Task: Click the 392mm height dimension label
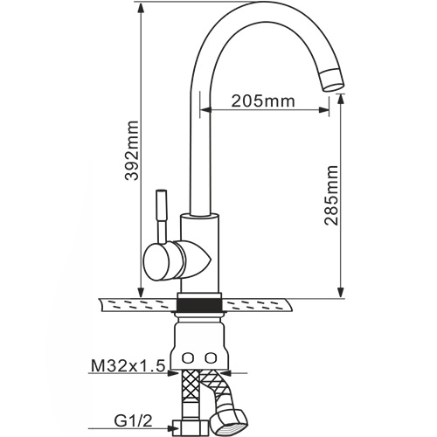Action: [x=131, y=150]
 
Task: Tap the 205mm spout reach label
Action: [x=263, y=101]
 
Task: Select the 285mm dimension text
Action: [x=332, y=196]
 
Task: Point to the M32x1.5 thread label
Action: [x=128, y=366]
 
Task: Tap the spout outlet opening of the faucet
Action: [x=334, y=87]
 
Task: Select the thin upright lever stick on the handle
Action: [x=161, y=216]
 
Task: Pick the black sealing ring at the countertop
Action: [x=200, y=305]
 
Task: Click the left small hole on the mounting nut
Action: [x=188, y=357]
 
